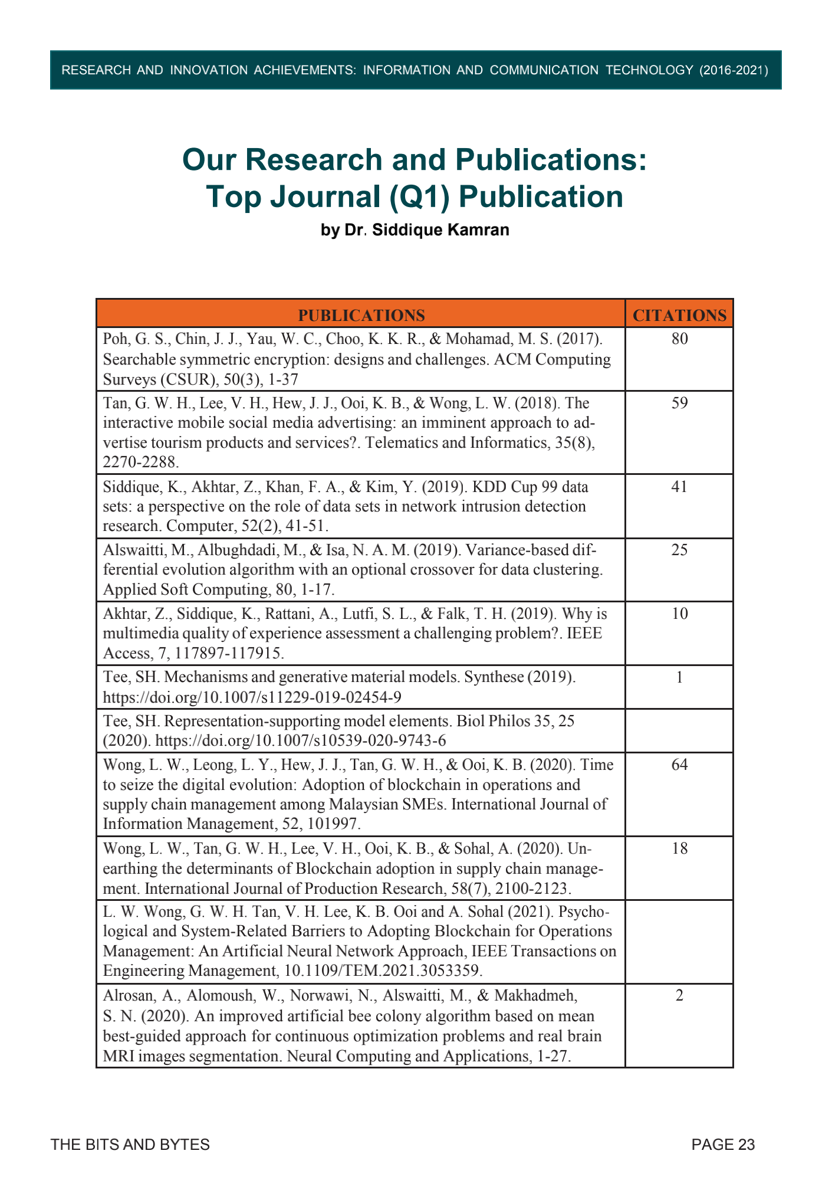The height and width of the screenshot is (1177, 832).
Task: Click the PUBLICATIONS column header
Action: [361, 315]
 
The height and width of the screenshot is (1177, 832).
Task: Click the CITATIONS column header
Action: [679, 315]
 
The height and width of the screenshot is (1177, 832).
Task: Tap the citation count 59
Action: [679, 403]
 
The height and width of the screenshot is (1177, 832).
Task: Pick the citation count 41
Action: [679, 487]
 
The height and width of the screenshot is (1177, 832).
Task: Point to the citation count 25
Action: [679, 550]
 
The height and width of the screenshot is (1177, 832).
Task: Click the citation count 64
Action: [679, 765]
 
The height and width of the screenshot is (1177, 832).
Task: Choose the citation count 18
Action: [679, 848]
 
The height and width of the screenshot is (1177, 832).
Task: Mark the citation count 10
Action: [679, 614]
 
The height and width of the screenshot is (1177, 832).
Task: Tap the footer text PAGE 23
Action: [723, 1145]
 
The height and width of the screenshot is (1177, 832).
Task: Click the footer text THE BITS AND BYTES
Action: [130, 1145]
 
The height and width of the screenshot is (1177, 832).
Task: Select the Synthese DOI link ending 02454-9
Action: [252, 697]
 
